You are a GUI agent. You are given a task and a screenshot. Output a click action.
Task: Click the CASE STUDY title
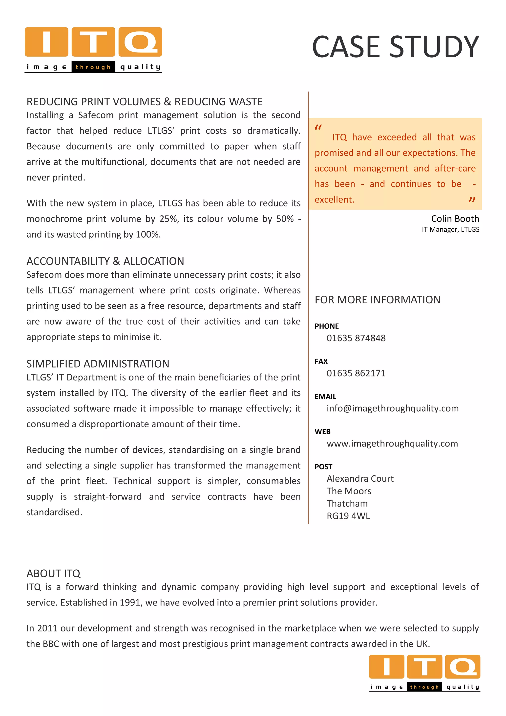coord(395,47)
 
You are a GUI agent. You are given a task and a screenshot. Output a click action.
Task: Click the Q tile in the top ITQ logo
coord(140,42)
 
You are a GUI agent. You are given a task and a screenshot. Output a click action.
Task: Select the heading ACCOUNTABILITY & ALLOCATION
coord(105,261)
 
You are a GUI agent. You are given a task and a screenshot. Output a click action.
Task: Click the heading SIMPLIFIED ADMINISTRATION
coord(98,364)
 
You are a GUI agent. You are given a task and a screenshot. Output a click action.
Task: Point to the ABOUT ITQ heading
coord(53,573)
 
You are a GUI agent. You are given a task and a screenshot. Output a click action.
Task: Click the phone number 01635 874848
coord(356,338)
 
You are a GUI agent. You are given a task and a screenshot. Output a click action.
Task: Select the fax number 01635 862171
coord(356,373)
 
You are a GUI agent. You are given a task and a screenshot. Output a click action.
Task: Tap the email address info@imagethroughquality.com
coord(392,408)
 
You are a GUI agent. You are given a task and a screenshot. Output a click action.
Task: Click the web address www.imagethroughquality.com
coord(392,444)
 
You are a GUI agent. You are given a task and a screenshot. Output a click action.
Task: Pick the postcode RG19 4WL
coord(348,516)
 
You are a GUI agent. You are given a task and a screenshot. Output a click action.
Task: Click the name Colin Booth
coord(455,219)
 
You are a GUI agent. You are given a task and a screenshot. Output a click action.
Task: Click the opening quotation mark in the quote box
coord(318,127)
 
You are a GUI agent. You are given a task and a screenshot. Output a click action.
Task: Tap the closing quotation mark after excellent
coord(472,200)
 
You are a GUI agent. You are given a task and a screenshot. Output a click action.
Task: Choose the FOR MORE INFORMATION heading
coord(377,300)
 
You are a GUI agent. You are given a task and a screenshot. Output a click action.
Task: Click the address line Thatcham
coord(347,503)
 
